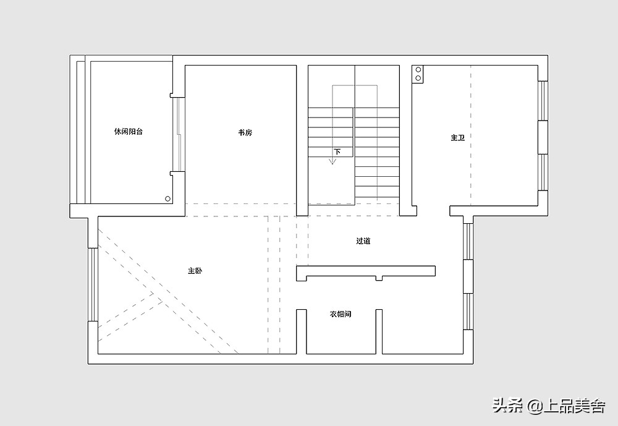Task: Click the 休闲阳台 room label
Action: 129,131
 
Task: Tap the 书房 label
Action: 245,132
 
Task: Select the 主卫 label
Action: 458,138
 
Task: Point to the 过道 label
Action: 363,241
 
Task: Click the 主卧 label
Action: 195,271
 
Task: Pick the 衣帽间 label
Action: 341,314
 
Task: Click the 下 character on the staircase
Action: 337,151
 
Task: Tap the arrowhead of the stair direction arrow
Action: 332,161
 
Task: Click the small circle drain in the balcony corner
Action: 168,199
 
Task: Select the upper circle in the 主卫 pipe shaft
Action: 418,70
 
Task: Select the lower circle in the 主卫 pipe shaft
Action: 418,78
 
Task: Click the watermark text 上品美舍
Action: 574,406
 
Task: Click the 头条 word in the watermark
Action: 507,406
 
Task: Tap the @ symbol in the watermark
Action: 534,406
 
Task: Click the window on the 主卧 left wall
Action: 93,284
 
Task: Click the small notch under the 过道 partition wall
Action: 379,278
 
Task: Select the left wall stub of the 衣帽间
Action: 302,331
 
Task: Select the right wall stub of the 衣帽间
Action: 379,331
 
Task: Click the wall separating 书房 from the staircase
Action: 302,140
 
